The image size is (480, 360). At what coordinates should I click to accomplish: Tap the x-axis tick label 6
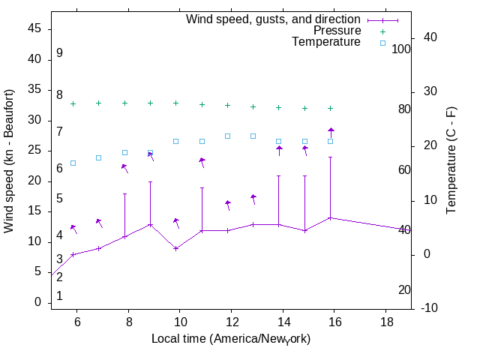pos(77,322)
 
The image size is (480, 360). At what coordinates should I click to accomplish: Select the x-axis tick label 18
pos(385,322)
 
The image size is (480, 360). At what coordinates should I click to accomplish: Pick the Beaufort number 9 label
pos(59,53)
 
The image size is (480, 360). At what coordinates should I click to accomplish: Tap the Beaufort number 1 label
pos(59,296)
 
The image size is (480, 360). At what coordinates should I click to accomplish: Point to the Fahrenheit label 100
pos(402,49)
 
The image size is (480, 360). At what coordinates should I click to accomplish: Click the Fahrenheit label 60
pos(404,170)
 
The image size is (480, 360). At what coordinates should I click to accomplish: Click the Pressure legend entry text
pos(337,31)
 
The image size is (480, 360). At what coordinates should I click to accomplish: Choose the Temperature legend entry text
pos(326,42)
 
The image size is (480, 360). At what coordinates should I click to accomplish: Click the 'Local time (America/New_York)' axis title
pos(231,339)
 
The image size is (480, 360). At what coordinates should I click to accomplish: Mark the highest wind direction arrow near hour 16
pos(331,132)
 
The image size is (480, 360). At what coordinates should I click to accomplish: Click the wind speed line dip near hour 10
pos(175,248)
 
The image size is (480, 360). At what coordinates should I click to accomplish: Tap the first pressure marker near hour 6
pos(73,104)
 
